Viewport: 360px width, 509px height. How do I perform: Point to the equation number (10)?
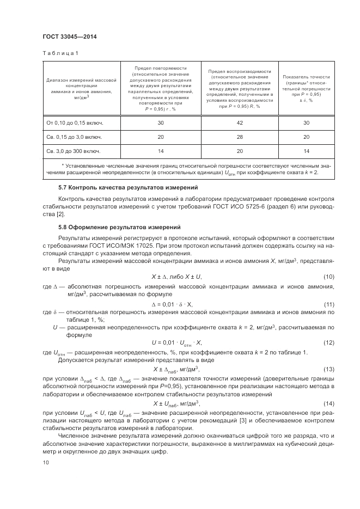coord(328,277)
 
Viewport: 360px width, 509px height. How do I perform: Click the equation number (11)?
coord(328,303)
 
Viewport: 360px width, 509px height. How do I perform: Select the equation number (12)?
coord(328,342)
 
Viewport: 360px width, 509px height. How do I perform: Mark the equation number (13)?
coord(328,369)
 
